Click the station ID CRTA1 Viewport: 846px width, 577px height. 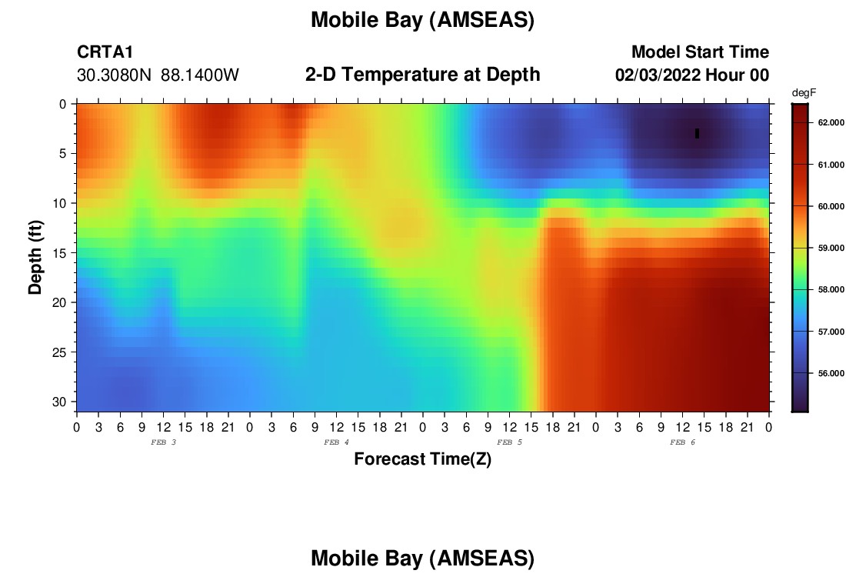click(105, 52)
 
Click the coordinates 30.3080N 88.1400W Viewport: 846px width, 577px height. click(158, 75)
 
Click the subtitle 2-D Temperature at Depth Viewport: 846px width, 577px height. click(422, 75)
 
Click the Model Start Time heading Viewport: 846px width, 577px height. click(700, 52)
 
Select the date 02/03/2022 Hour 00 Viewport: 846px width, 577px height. click(691, 75)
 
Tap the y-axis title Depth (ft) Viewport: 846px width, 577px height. click(35, 257)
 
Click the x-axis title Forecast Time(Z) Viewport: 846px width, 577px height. click(422, 459)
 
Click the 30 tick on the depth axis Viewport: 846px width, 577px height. click(59, 402)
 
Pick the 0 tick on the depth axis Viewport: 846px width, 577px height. click(63, 104)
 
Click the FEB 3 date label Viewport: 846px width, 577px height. click(163, 442)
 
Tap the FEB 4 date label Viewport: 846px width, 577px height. click(336, 442)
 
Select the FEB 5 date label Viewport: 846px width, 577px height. click(509, 442)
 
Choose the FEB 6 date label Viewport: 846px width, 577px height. click(682, 442)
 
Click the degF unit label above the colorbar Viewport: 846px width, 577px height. click(804, 93)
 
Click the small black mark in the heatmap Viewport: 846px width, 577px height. click(697, 133)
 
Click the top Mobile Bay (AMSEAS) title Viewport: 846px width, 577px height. click(422, 21)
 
